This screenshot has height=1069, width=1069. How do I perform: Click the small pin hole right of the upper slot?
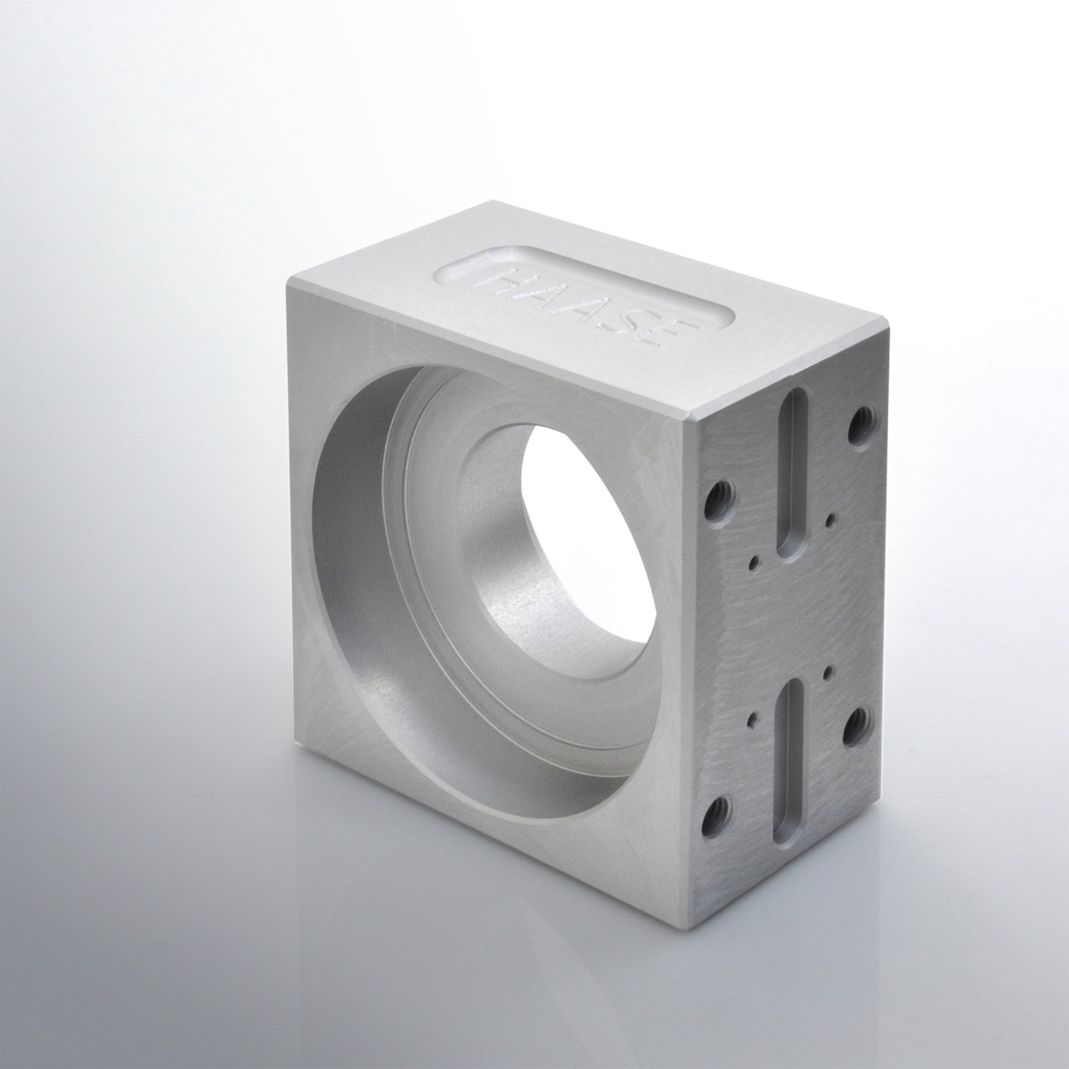pyautogui.click(x=830, y=516)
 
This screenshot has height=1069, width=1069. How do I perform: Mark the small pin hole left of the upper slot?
pyautogui.click(x=754, y=562)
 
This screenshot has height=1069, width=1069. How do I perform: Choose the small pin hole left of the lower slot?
pyautogui.click(x=754, y=714)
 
